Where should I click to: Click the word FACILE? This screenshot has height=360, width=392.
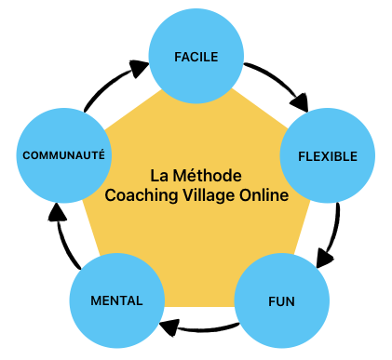(x=196, y=57)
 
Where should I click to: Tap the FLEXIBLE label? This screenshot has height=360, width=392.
(x=328, y=156)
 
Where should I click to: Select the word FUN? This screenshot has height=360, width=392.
(x=281, y=301)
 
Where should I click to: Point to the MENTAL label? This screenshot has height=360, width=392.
(x=116, y=300)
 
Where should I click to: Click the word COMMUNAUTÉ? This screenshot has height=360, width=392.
(x=64, y=155)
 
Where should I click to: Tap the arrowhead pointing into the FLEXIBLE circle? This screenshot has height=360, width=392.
(x=300, y=103)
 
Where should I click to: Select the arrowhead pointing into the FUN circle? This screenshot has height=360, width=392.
(x=324, y=258)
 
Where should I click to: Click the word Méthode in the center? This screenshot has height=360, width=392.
(x=208, y=176)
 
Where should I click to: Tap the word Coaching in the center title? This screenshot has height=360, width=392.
(x=142, y=195)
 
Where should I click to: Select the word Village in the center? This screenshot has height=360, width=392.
(x=209, y=195)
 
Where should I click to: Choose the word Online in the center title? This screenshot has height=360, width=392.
(x=264, y=195)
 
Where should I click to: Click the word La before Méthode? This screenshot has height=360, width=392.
(x=159, y=176)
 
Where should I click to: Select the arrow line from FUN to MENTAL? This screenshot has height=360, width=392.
(x=202, y=330)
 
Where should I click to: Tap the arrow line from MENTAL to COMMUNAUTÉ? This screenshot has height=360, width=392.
(x=64, y=239)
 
